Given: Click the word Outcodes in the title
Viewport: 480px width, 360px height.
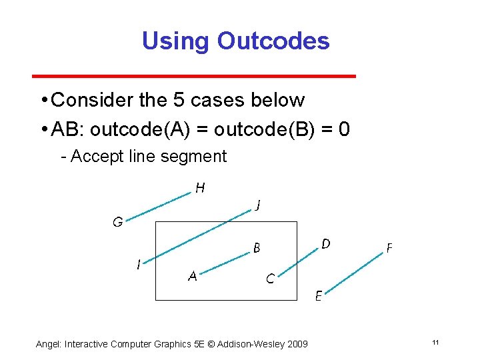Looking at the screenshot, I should click(273, 41).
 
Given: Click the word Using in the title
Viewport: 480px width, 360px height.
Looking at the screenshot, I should click(175, 41).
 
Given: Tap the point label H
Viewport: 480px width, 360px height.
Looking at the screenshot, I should click(200, 189).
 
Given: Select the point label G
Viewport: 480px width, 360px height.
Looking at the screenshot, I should click(117, 223).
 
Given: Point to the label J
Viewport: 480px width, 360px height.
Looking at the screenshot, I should click(257, 206).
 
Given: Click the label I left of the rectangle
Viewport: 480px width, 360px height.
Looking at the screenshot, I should click(138, 265).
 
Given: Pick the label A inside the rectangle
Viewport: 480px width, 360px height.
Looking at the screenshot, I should click(192, 277).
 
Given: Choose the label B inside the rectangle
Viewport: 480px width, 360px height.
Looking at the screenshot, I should click(256, 249).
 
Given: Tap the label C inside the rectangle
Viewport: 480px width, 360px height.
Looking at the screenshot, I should click(270, 279).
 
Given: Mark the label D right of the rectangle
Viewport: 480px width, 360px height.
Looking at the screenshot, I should click(325, 244).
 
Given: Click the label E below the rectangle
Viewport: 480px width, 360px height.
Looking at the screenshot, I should click(319, 296).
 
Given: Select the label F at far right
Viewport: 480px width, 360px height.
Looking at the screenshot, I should click(389, 248).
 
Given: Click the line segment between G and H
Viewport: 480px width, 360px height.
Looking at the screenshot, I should click(158, 207).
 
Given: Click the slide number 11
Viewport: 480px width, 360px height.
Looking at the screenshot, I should click(435, 343).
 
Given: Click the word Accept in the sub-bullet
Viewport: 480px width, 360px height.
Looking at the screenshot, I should click(93, 157).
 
